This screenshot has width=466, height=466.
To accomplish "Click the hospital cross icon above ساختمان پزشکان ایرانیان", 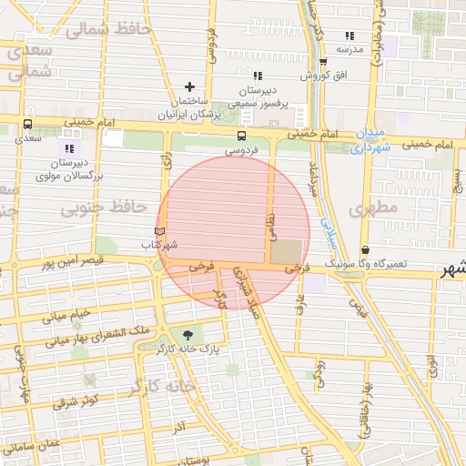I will click(189, 86).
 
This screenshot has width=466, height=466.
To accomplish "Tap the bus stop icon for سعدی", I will click(27, 125).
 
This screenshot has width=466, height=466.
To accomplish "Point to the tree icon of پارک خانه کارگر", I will click(188, 334).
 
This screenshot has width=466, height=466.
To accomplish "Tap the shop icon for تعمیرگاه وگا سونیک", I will click(365, 249).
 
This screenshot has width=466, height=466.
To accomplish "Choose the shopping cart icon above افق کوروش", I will click(323, 62).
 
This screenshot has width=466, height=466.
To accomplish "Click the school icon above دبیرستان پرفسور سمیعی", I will click(258, 76).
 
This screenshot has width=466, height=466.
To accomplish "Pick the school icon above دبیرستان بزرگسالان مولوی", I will click(68, 147).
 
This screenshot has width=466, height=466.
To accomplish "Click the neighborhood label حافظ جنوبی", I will click(104, 208).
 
